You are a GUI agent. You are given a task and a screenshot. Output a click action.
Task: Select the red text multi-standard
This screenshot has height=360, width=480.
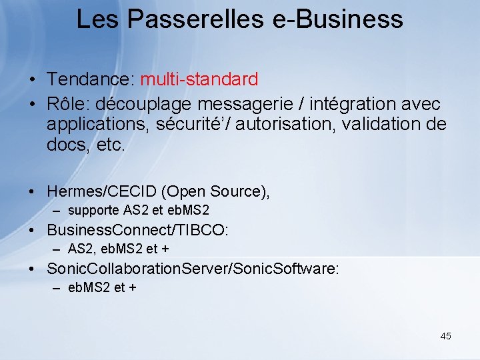199,80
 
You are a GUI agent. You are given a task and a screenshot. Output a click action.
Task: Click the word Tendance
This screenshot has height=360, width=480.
90,80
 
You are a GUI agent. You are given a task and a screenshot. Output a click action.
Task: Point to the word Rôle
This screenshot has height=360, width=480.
69,105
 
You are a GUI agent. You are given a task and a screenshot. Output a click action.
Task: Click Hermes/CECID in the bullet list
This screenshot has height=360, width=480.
101,191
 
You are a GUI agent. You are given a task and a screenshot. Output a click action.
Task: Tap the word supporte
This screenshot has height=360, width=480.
93,211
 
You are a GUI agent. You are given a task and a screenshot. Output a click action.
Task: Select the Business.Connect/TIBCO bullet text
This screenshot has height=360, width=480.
137,231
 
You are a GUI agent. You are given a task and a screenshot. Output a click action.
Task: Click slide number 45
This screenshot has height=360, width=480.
445,336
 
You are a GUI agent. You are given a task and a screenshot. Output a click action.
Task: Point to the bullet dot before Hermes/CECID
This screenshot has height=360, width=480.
32,192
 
